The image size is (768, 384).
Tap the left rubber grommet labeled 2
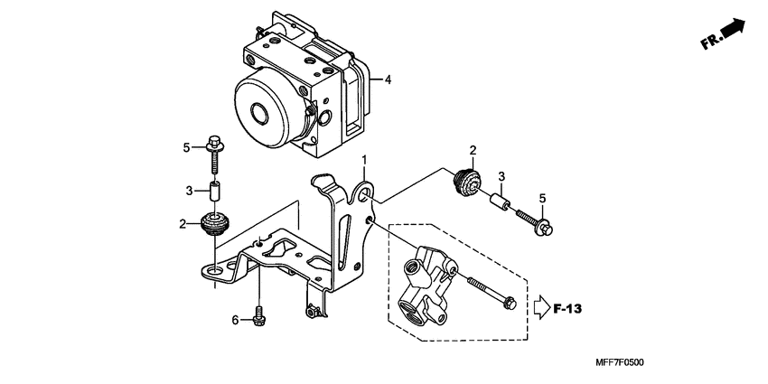(215, 225)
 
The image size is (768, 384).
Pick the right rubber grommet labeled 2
(467, 184)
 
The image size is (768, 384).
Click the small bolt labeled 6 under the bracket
(260, 315)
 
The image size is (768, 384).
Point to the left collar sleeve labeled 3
(215, 192)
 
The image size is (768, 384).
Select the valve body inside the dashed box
(424, 280)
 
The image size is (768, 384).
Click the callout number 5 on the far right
(543, 199)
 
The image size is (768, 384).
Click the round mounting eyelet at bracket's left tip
(214, 268)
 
